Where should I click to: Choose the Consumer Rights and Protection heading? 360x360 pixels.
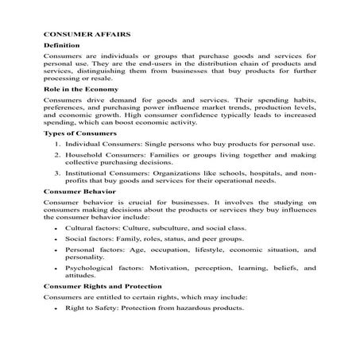pos(103,285)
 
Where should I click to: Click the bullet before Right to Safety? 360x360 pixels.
pos(55,308)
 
